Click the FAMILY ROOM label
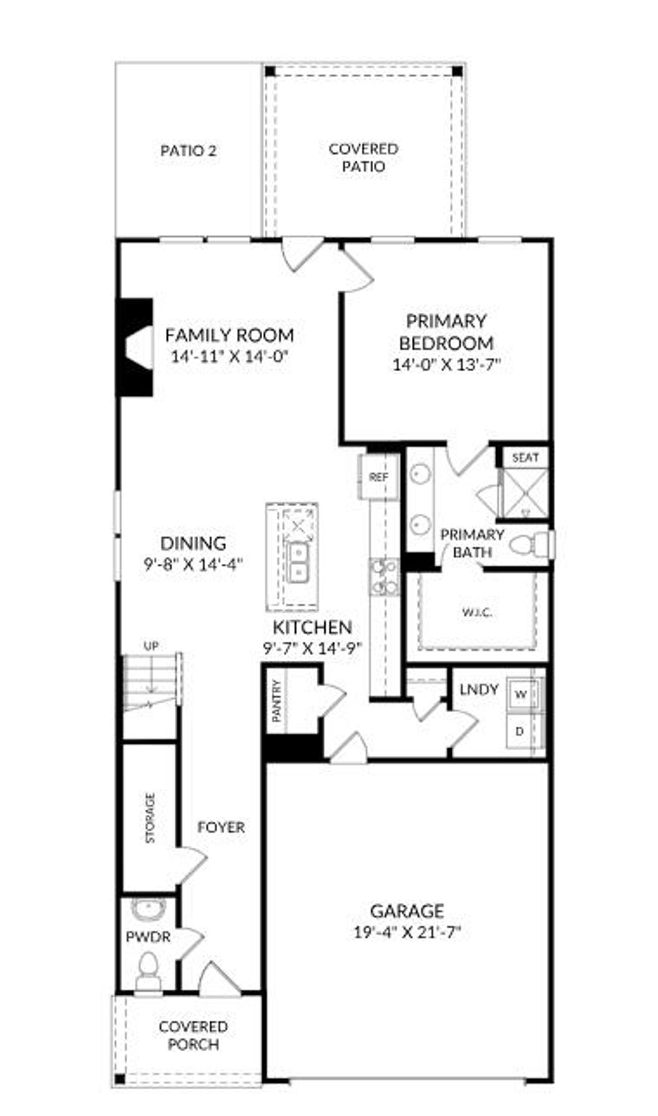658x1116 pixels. pyautogui.click(x=229, y=335)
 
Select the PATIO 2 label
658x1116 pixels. pyautogui.click(x=188, y=151)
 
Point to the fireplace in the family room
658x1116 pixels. pyautogui.click(x=134, y=347)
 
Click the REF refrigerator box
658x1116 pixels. pyautogui.click(x=378, y=477)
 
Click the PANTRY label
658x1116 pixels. pyautogui.click(x=277, y=701)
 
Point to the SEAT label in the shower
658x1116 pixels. pyautogui.click(x=525, y=458)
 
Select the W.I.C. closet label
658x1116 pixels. pyautogui.click(x=477, y=612)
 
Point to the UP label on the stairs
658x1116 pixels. pyautogui.click(x=151, y=646)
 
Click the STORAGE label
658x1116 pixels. pyautogui.click(x=150, y=817)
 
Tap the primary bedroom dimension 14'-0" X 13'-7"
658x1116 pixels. pyautogui.click(x=446, y=365)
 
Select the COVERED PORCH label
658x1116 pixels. pyautogui.click(x=193, y=1035)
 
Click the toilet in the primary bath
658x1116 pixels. pyautogui.click(x=528, y=545)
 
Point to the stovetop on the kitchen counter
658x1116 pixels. pyautogui.click(x=384, y=576)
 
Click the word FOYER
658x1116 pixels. pyautogui.click(x=221, y=827)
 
